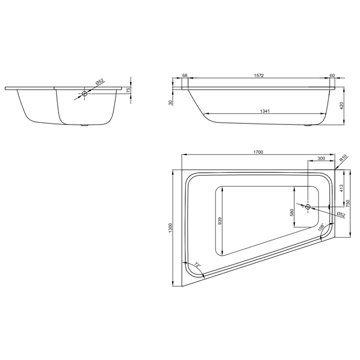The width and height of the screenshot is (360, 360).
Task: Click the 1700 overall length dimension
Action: pyautogui.click(x=258, y=152)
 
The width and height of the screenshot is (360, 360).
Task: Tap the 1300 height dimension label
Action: pyautogui.click(x=170, y=228)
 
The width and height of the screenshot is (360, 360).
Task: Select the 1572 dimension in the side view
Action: pyautogui.click(x=259, y=75)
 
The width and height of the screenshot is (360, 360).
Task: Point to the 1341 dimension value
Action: pyautogui.click(x=265, y=111)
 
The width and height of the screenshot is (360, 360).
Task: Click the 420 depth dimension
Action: pyautogui.click(x=341, y=106)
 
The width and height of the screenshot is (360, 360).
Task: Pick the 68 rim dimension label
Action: pyautogui.click(x=185, y=75)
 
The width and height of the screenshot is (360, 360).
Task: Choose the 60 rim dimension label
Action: pyautogui.click(x=332, y=75)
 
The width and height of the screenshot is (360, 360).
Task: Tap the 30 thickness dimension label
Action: pyautogui.click(x=170, y=103)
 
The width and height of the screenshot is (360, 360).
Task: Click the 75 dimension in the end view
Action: pyautogui.click(x=129, y=90)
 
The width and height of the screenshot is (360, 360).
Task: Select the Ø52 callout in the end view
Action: pyautogui.click(x=100, y=82)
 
